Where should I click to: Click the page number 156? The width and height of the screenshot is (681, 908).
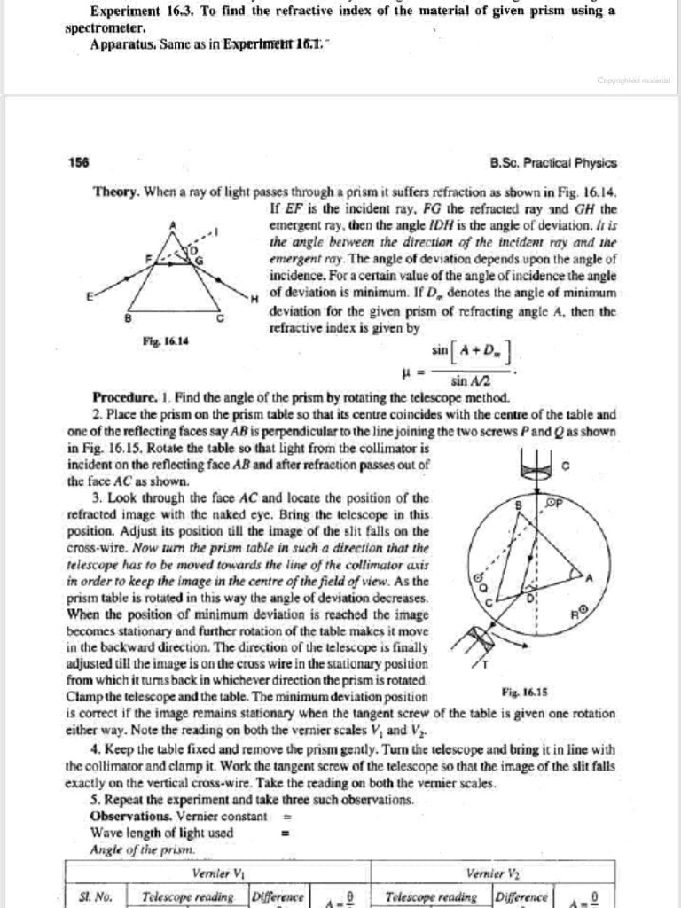pyautogui.click(x=78, y=163)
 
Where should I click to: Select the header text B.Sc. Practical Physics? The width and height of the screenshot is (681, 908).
pyautogui.click(x=553, y=163)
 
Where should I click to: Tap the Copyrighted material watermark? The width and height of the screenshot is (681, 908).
pyautogui.click(x=633, y=79)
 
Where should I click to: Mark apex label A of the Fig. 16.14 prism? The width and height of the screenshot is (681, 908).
pyautogui.click(x=173, y=225)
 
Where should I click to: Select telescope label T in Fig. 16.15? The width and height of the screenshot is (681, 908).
pyautogui.click(x=485, y=663)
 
